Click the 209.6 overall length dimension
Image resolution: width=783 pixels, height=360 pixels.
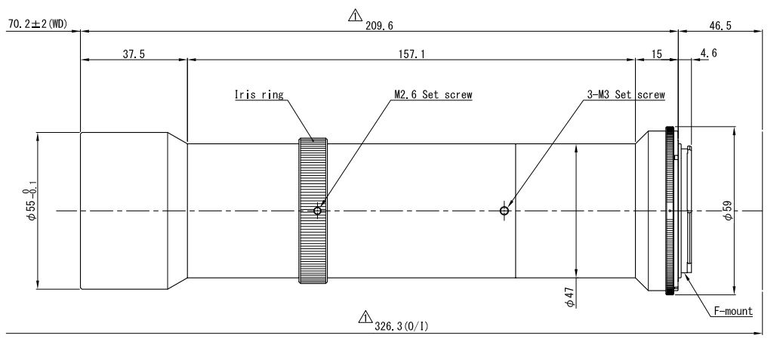pyautogui.click(x=379, y=25)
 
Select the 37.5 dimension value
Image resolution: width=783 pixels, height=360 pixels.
pyautogui.click(x=133, y=55)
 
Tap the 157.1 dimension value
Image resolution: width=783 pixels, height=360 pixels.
pyautogui.click(x=410, y=55)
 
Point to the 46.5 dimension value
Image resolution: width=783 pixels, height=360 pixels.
pyautogui.click(x=720, y=25)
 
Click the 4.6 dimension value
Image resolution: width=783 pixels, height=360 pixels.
pyautogui.click(x=708, y=54)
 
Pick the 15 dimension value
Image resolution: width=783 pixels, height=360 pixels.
pyautogui.click(x=655, y=55)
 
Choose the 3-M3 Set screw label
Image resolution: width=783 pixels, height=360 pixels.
pyautogui.click(x=626, y=95)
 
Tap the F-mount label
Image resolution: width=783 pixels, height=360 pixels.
pyautogui.click(x=733, y=310)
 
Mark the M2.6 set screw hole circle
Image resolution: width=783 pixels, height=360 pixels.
pyautogui.click(x=318, y=211)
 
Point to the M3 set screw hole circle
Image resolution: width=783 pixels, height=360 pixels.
pyautogui.click(x=504, y=211)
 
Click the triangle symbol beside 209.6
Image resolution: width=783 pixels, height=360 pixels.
pyautogui.click(x=353, y=15)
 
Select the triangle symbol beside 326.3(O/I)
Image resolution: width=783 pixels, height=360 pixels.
pyautogui.click(x=365, y=316)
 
